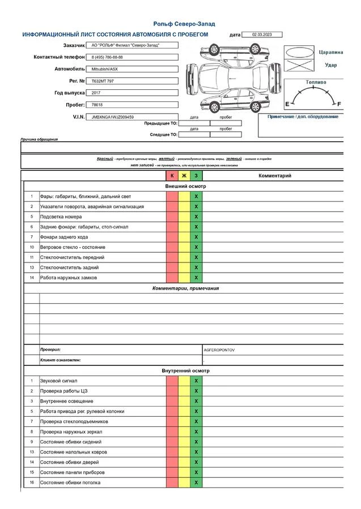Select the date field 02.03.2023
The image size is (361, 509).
tap(261, 34)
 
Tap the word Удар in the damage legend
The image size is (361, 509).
tap(330, 65)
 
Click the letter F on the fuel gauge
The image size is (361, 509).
tap(339, 104)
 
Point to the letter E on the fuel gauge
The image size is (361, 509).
tap(287, 104)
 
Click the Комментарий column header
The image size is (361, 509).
tap(275, 176)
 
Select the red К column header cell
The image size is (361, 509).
tap(172, 176)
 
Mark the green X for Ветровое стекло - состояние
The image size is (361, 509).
tap(196, 247)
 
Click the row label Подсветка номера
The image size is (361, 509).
tap(61, 217)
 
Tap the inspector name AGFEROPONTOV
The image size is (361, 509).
tap(219, 350)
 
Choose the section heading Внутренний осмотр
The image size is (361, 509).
tap(185, 370)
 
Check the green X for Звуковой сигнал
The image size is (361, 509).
tap(196, 381)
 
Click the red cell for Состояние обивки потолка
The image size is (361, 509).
tap(172, 482)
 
